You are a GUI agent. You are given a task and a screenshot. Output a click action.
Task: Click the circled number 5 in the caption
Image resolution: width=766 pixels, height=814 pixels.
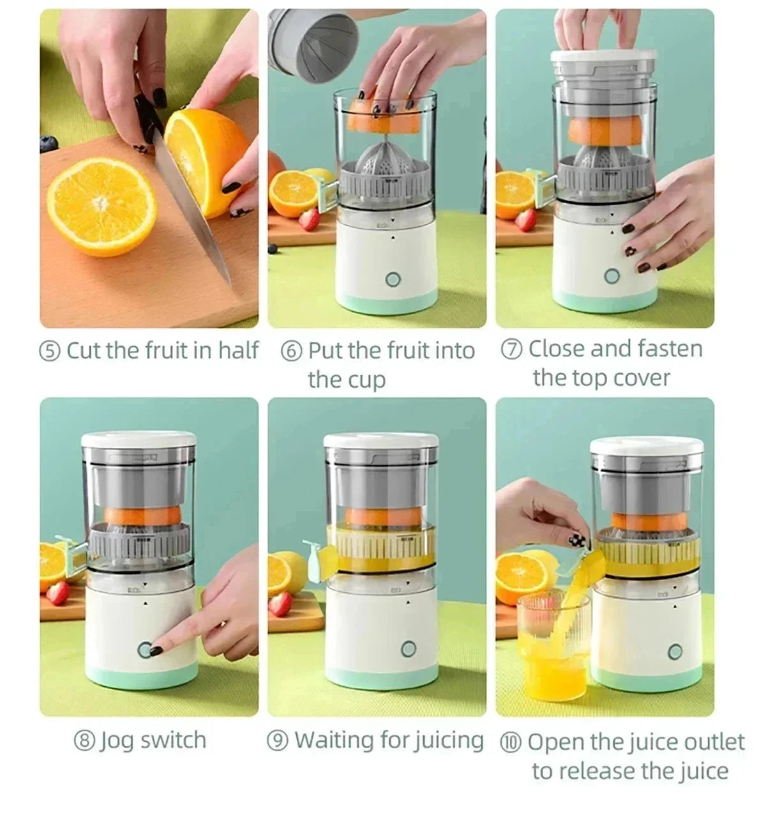tap(50, 351)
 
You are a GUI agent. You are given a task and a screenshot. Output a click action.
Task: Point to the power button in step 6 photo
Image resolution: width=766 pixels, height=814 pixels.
tap(393, 279)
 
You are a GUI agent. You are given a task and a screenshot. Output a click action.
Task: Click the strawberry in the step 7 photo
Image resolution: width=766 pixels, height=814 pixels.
tap(526, 219)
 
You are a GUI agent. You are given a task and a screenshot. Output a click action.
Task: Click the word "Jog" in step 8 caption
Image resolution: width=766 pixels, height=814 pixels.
tap(116, 741)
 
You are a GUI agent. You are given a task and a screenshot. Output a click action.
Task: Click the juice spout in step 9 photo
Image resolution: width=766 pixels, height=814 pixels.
tap(317, 558)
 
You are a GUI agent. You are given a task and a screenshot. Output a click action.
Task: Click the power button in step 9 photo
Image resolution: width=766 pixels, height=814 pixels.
tap(409, 650)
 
